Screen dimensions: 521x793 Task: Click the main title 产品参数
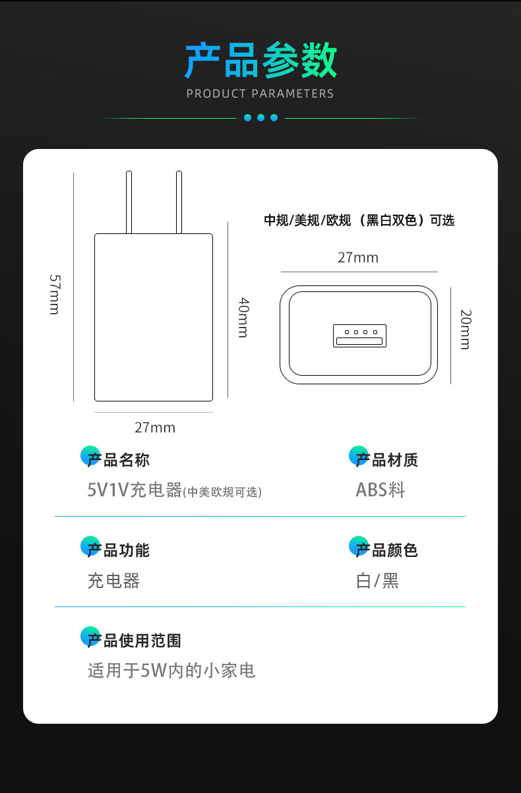(x=260, y=61)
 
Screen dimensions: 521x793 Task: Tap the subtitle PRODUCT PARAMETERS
(x=260, y=94)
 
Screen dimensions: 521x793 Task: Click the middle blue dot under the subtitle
(x=260, y=118)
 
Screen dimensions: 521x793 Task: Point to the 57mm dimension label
(x=55, y=294)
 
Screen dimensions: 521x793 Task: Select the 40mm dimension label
(x=243, y=317)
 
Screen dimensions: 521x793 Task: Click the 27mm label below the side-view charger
(x=155, y=428)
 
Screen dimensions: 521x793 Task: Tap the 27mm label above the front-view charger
(x=358, y=258)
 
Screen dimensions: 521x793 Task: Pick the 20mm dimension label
(x=465, y=329)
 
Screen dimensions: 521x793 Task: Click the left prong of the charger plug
(x=129, y=202)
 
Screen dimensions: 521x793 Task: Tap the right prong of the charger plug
(x=179, y=202)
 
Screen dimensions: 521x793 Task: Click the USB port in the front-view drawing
(x=359, y=336)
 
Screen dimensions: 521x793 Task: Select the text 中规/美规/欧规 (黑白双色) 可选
(x=359, y=221)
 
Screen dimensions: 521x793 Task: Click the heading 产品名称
(x=119, y=460)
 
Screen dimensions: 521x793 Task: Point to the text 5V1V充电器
(x=135, y=490)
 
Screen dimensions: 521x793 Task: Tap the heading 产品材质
(x=386, y=460)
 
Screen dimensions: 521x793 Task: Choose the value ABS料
(x=381, y=490)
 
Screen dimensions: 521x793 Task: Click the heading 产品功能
(x=119, y=550)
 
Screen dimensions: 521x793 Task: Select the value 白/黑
(x=377, y=581)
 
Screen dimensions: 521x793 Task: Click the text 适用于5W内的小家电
(x=171, y=671)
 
